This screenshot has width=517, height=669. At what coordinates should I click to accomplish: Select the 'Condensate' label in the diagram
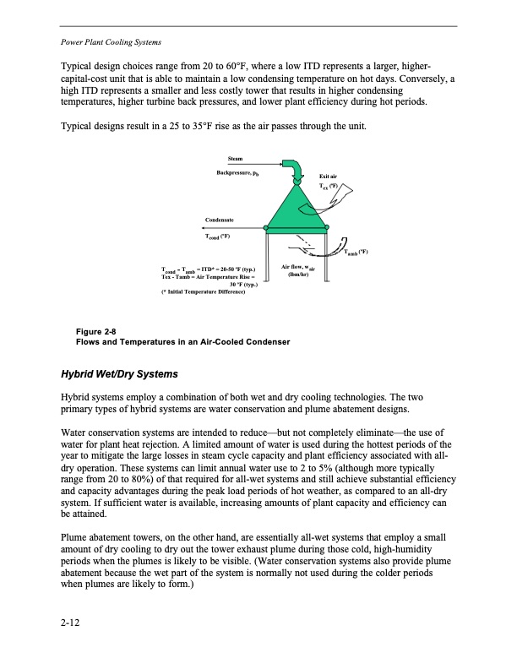[222, 220]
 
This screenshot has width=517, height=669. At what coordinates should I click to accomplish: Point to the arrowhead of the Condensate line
[204, 227]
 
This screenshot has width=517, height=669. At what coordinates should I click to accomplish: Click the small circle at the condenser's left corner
[268, 227]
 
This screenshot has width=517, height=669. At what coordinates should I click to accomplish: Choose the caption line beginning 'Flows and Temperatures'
[183, 342]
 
